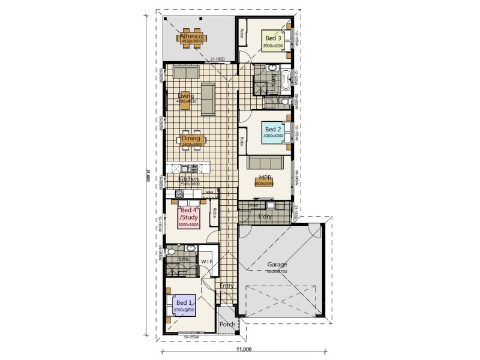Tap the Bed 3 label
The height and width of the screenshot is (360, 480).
coord(274,38)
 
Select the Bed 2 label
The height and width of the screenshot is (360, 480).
coord(273,129)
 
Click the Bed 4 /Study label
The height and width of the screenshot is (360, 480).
coord(188,214)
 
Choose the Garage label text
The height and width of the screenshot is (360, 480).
coord(277,264)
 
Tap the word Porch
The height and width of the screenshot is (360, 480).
coord(227,325)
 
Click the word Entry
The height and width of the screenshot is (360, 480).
coord(227,286)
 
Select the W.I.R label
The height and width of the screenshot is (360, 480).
coord(207,261)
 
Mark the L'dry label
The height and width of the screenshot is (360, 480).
coord(265,216)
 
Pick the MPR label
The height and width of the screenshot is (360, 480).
coord(265,178)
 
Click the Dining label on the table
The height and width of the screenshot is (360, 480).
coord(191,139)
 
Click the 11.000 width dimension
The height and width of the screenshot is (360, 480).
coord(244,349)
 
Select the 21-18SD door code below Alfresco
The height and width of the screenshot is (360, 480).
coord(217,59)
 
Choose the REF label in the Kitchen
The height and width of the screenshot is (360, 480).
coord(210,192)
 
